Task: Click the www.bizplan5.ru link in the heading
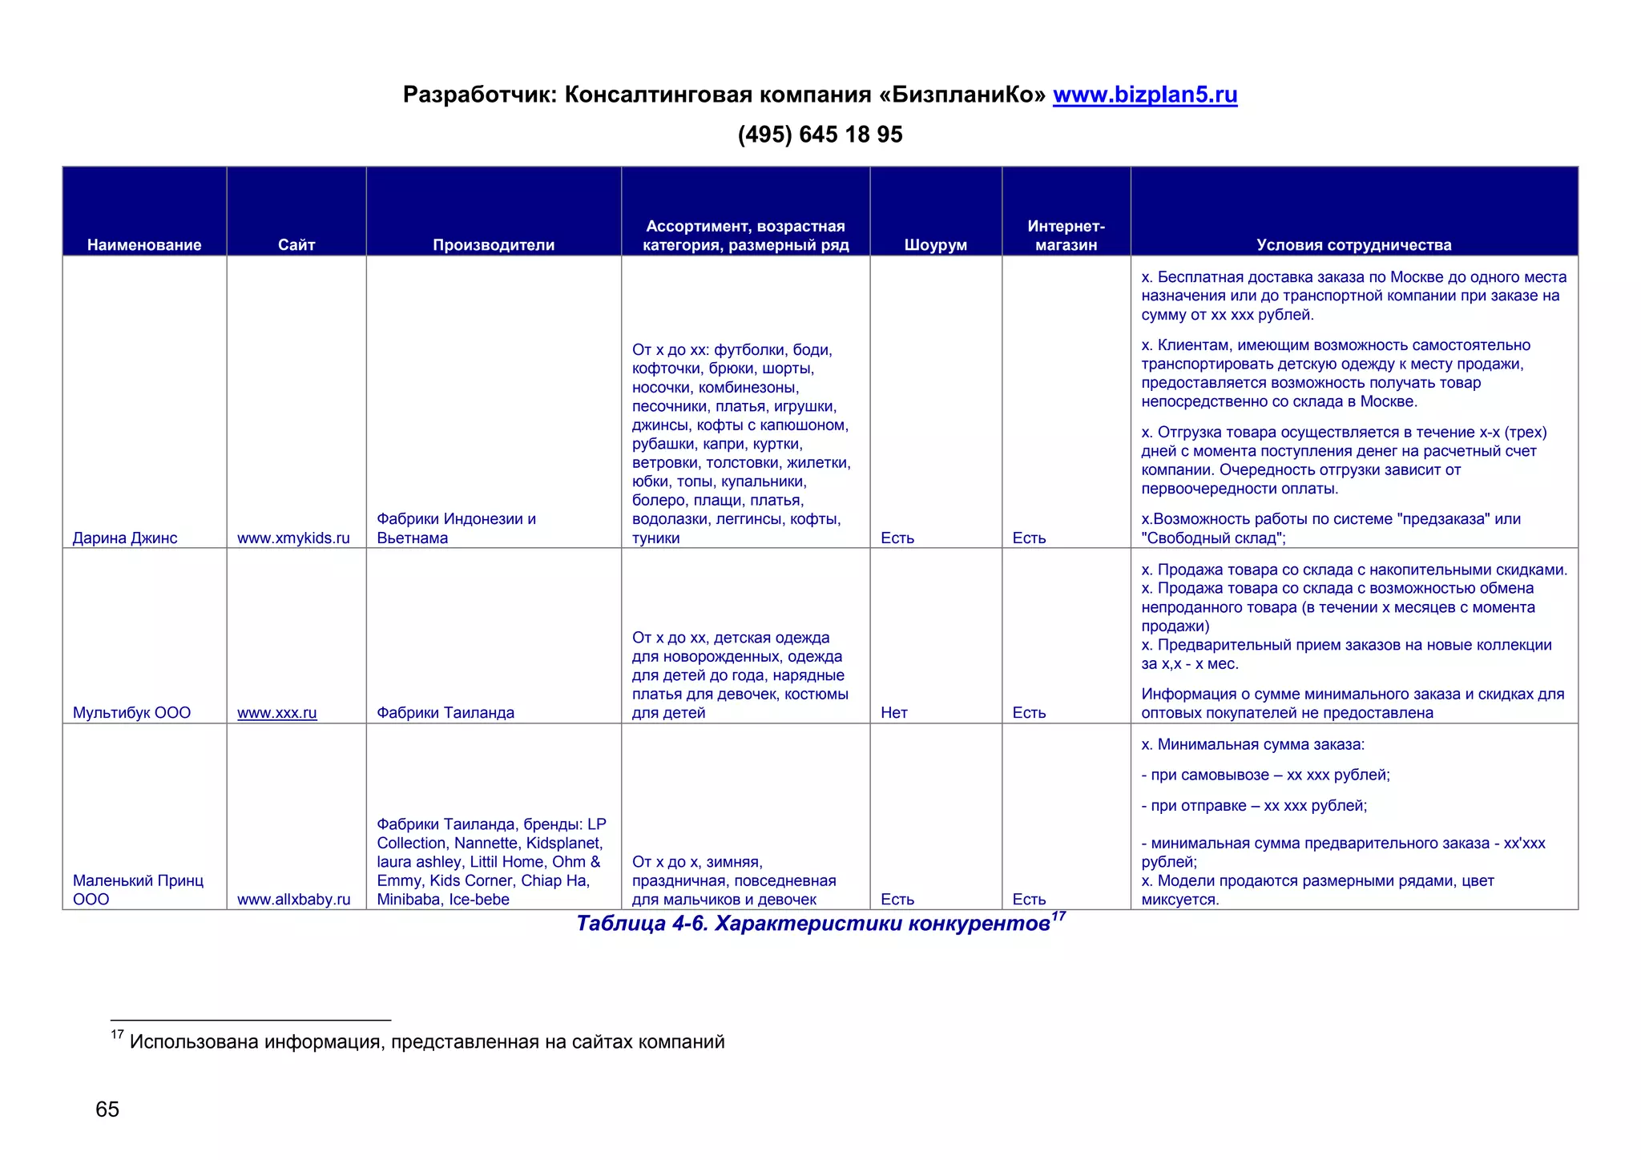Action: (x=1144, y=95)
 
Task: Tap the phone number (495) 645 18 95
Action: (x=820, y=135)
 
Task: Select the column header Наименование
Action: (x=144, y=245)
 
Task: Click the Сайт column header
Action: (x=296, y=245)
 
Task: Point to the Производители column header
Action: (x=494, y=245)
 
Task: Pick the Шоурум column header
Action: (x=935, y=245)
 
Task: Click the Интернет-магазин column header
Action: (x=1066, y=236)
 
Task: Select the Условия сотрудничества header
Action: (x=1353, y=245)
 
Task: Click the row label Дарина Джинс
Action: (x=125, y=538)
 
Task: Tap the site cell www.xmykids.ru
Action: (x=293, y=538)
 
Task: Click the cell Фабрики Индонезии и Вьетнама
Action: (x=456, y=529)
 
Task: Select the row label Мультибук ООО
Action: (x=131, y=713)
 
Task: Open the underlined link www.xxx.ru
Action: (x=277, y=713)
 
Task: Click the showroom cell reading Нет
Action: (x=893, y=713)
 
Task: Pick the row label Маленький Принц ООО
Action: (x=138, y=890)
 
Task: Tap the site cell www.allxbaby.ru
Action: (x=293, y=900)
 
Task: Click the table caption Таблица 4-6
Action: (x=813, y=924)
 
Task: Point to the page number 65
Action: (x=107, y=1110)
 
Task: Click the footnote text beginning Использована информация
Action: (x=426, y=1042)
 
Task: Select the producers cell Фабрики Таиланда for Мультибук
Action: (x=446, y=713)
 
